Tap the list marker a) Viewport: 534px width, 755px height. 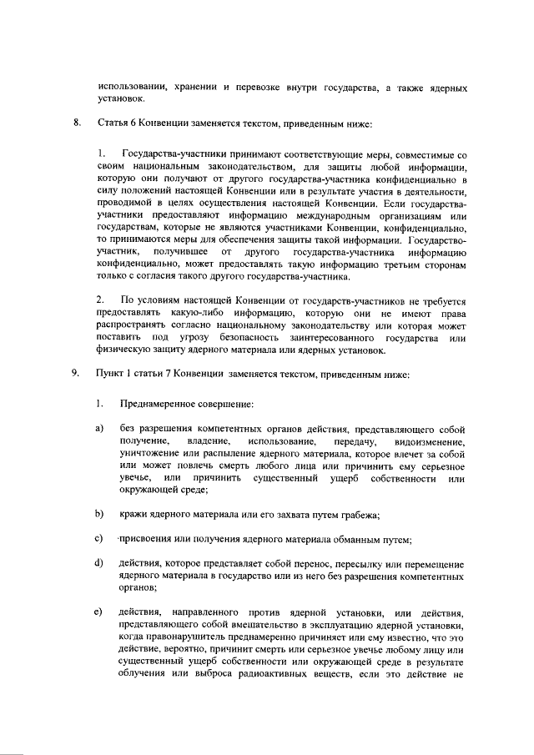[x=98, y=428]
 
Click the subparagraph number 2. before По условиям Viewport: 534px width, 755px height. [x=101, y=299]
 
